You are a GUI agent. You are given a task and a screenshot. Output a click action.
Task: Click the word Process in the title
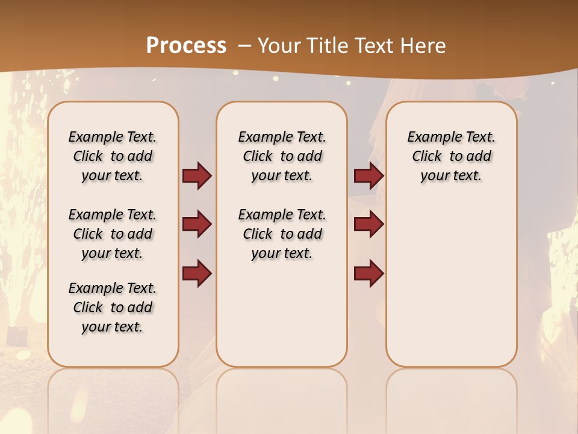[186, 46]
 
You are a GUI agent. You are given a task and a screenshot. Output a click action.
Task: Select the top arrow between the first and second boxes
[197, 176]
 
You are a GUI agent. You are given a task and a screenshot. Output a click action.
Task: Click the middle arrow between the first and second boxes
[197, 224]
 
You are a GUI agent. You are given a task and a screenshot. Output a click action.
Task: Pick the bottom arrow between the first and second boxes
[197, 272]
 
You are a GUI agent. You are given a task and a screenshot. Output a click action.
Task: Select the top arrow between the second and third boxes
[368, 176]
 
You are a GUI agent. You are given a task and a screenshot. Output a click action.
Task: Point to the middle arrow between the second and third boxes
[368, 224]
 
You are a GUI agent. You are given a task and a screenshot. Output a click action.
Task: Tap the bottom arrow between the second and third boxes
[368, 274]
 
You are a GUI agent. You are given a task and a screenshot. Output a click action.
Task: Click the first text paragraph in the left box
[113, 156]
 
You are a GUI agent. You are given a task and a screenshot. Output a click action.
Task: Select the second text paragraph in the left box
[113, 234]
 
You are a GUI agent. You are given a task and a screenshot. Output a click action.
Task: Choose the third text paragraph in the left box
[113, 307]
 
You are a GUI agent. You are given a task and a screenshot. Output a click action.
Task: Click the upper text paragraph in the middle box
[282, 156]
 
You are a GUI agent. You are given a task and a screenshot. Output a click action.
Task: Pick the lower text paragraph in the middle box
[282, 234]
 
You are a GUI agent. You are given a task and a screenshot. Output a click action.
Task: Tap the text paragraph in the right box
[452, 156]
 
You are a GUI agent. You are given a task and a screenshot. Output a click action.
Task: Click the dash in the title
[244, 46]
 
